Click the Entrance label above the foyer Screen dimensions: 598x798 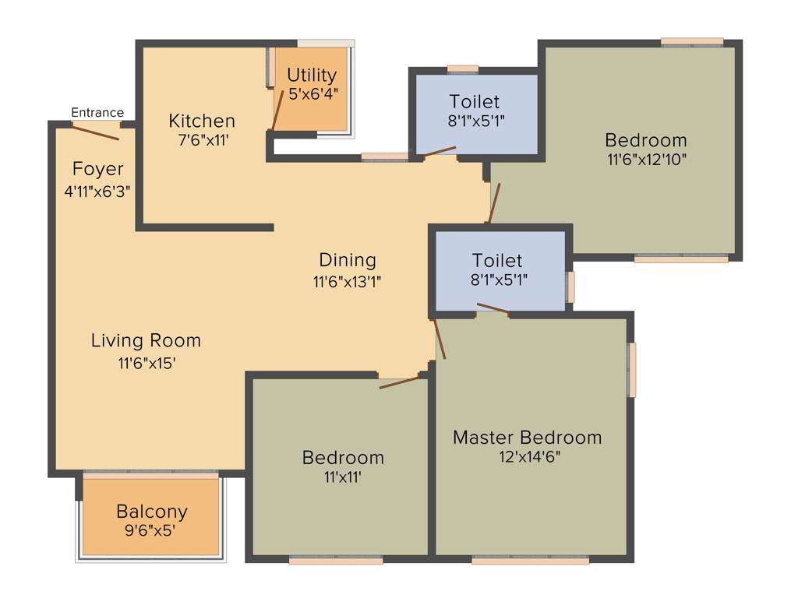click(97, 113)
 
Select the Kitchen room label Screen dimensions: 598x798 click(202, 121)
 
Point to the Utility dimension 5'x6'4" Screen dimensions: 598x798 click(312, 93)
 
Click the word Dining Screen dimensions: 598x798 click(348, 260)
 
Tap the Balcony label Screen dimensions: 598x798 click(152, 512)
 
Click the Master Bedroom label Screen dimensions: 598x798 click(528, 437)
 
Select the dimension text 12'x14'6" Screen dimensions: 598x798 click(530, 457)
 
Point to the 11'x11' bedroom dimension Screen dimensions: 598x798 click(343, 477)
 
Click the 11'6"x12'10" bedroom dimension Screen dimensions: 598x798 click(646, 160)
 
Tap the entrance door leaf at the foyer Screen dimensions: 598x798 click(95, 132)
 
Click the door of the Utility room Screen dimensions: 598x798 click(277, 109)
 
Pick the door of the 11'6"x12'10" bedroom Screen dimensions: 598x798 click(494, 202)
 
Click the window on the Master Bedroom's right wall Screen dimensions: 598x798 click(633, 369)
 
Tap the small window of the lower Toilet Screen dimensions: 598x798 click(570, 287)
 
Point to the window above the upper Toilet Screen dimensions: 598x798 click(463, 69)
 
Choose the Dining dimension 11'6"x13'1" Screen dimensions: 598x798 click(348, 281)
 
